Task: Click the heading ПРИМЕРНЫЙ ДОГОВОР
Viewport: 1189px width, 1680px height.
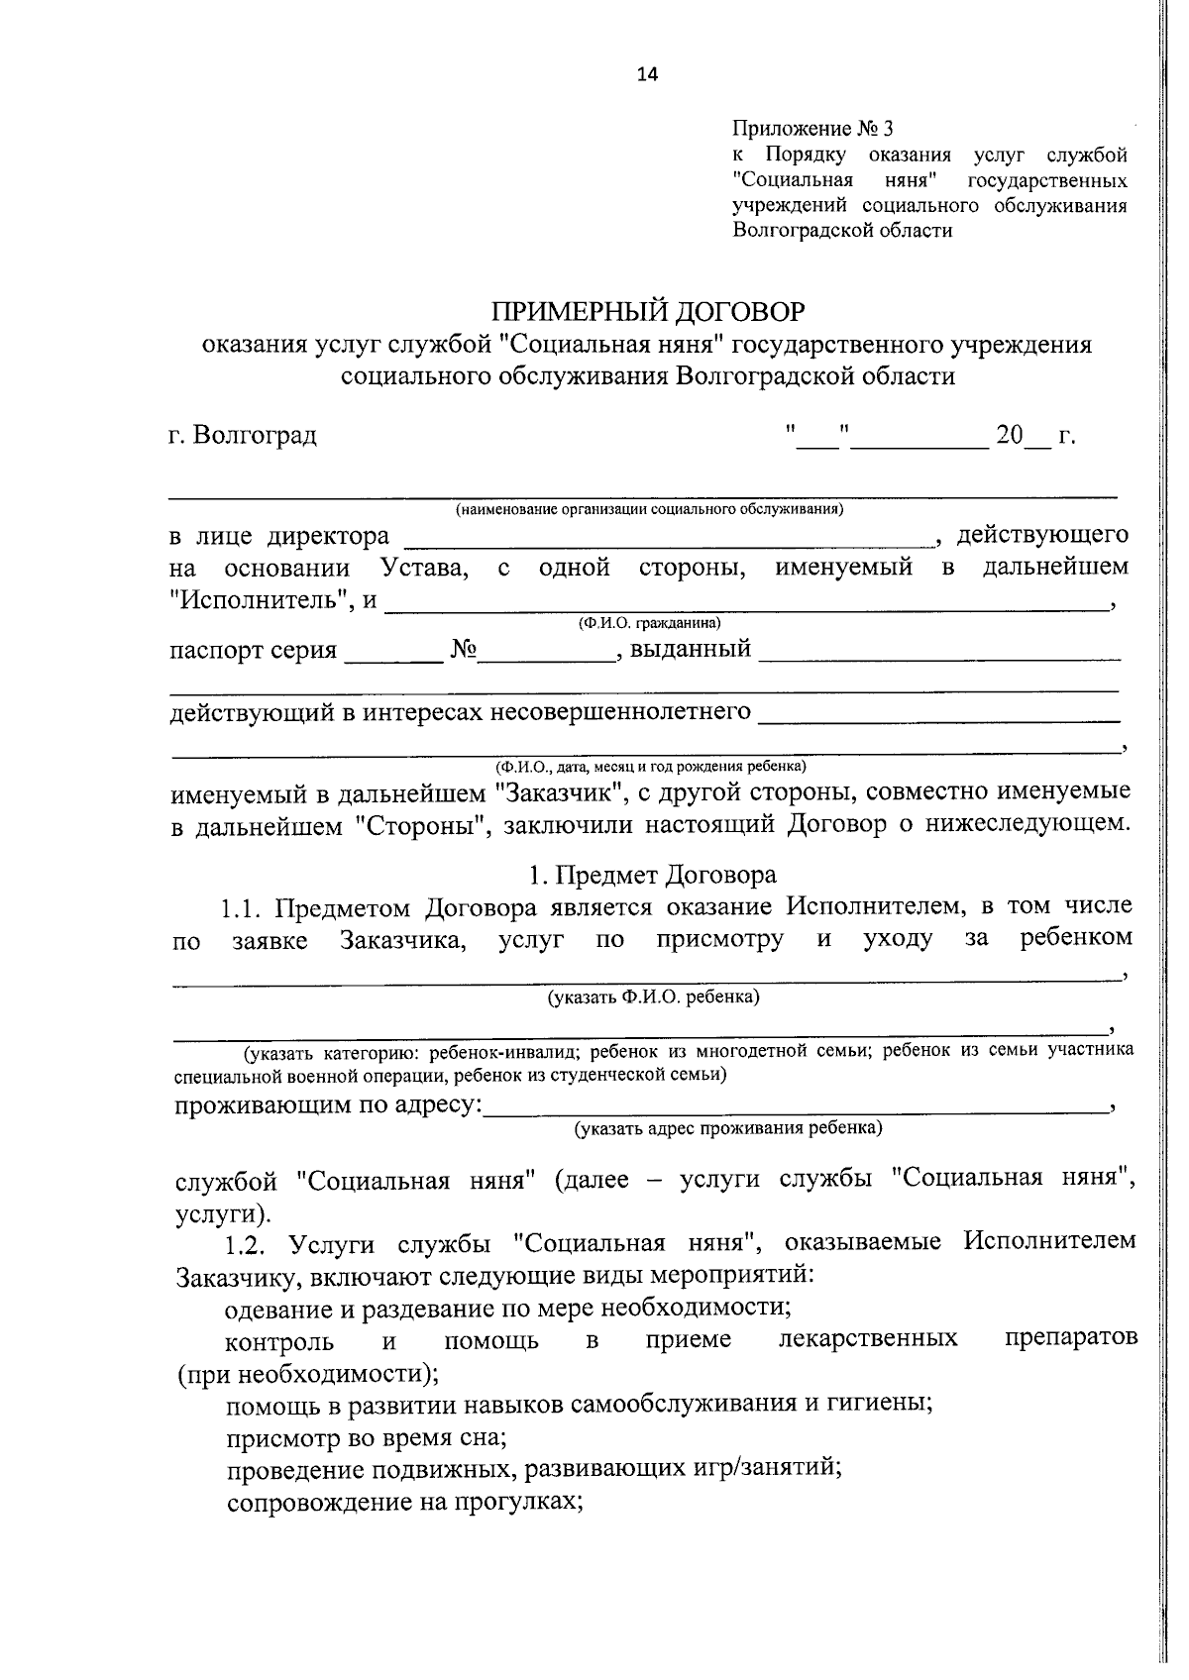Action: (x=649, y=312)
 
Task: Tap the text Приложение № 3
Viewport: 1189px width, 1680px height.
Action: (x=812, y=129)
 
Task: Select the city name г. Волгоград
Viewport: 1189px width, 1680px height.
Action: (x=243, y=435)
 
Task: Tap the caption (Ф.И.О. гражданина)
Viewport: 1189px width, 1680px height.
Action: (x=649, y=624)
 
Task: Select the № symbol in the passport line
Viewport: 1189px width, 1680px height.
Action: (x=464, y=651)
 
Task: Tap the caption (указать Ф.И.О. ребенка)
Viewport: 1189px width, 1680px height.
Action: (x=654, y=997)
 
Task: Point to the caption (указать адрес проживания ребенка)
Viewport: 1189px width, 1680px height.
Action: (x=728, y=1128)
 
